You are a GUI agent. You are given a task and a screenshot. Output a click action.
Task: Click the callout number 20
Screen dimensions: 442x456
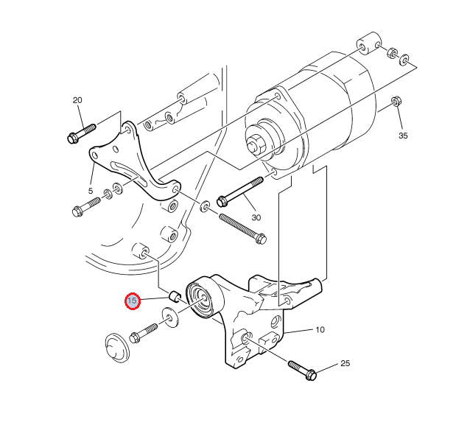(x=77, y=100)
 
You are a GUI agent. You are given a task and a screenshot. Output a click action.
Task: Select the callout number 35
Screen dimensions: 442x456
(x=403, y=136)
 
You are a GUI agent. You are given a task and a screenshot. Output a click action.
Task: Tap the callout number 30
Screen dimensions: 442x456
(x=256, y=217)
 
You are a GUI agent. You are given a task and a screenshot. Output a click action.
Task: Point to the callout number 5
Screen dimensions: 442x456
(x=91, y=190)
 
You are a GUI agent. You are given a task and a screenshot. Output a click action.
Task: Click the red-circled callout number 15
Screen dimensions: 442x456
(x=133, y=301)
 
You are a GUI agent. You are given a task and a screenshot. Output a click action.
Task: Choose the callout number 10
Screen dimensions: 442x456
(x=320, y=330)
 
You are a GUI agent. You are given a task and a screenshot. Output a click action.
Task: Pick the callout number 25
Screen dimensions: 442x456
(x=345, y=364)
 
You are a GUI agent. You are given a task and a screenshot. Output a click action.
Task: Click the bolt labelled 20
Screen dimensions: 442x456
(x=80, y=133)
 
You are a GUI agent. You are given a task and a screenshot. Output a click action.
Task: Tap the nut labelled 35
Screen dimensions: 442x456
(x=396, y=102)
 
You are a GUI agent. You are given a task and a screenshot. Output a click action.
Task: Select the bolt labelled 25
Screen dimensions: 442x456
(x=301, y=369)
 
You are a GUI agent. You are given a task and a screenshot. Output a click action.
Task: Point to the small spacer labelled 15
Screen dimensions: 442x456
(x=175, y=296)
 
